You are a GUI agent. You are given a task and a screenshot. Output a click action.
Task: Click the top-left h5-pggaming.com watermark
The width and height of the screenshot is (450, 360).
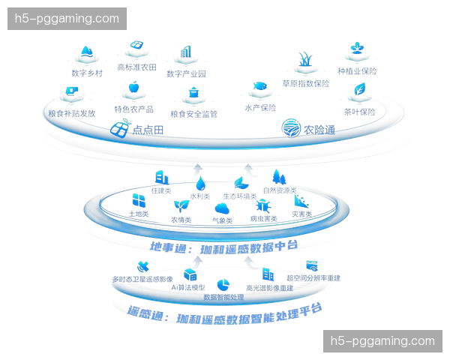click(x=68, y=18)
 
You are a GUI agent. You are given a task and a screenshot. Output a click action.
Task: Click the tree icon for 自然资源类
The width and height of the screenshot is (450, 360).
click(x=277, y=177)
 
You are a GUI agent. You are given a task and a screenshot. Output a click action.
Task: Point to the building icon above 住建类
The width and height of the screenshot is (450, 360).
click(x=160, y=177)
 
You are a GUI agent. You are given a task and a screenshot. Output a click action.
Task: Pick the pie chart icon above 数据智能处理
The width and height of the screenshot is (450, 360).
click(x=223, y=283)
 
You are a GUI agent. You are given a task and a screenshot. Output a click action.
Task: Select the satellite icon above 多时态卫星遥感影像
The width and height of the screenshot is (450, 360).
click(x=142, y=265)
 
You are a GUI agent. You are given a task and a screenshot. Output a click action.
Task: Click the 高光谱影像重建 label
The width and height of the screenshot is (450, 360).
click(x=266, y=287)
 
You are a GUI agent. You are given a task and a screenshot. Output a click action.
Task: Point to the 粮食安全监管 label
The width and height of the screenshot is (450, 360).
click(x=193, y=114)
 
